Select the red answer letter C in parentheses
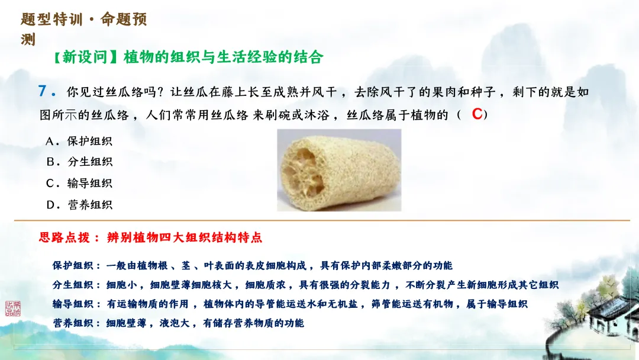477,114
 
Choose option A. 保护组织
79,141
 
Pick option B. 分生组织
79,162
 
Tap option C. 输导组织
79,183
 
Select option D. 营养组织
79,205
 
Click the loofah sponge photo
339,170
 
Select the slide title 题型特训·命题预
83,20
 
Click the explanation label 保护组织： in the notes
77,266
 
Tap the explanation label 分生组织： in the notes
77,285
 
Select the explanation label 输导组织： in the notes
77,304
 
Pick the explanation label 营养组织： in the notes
77,323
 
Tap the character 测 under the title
28,40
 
